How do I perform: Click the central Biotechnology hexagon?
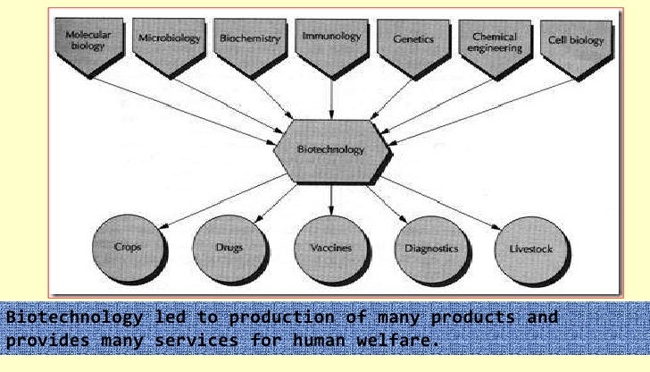pos(330,149)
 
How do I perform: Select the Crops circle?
pos(128,247)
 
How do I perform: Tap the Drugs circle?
pos(229,247)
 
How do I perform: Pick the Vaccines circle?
pos(330,247)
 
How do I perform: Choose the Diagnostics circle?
pos(432,247)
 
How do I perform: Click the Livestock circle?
pos(534,247)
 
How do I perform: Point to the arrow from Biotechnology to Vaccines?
pos(330,199)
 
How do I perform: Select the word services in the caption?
pos(196,341)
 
